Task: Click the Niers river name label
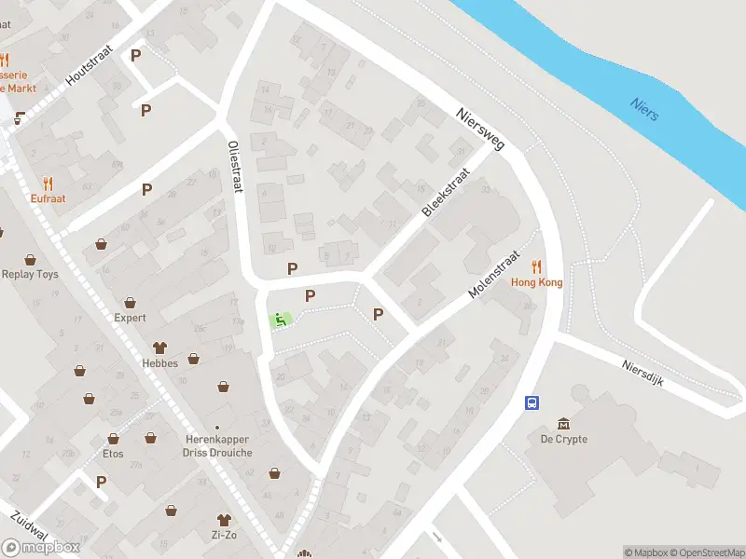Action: (x=644, y=109)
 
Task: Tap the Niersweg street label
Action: (x=479, y=130)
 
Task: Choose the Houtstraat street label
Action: (x=89, y=69)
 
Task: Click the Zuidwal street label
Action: (x=30, y=528)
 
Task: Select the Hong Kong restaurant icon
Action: (x=536, y=266)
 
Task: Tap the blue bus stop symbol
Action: (x=532, y=402)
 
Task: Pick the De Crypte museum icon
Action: (x=563, y=424)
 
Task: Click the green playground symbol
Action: (x=278, y=320)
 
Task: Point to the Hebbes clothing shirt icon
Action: (x=159, y=347)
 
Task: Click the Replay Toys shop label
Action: (x=30, y=275)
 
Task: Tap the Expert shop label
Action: (x=131, y=318)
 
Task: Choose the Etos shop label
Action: (x=113, y=454)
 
